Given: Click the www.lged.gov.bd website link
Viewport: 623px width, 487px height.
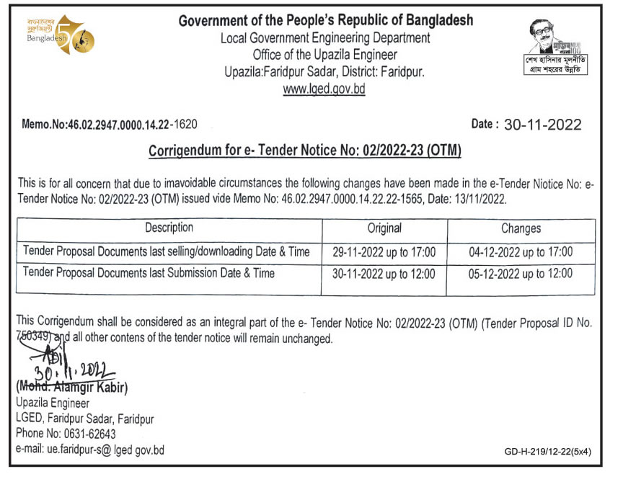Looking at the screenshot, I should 324,89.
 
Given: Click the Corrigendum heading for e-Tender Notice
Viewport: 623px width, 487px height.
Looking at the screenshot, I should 304,151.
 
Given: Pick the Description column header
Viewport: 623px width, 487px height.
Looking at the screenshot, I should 169,228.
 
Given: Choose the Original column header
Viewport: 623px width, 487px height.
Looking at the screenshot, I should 384,228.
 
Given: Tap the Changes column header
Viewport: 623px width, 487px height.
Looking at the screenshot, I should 521,228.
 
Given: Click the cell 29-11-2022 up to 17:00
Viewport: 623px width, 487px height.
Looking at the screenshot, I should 384,252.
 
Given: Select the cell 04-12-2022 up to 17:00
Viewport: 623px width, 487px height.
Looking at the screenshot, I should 521,252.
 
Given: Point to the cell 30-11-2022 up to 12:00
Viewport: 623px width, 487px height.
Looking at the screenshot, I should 384,274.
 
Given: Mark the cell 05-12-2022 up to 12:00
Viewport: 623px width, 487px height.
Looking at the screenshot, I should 521,274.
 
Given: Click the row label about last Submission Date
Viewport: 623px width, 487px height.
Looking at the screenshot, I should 149,273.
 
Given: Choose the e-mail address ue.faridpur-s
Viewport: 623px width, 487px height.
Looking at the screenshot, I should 90,450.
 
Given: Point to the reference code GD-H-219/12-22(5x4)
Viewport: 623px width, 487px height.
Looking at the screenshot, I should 548,452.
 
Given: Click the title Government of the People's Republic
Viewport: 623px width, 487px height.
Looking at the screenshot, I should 326,21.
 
